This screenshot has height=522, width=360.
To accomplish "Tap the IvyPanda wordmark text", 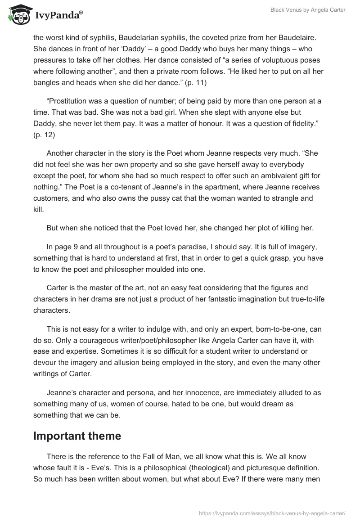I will tap(58, 16).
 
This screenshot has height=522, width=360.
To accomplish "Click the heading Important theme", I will tap(77, 436).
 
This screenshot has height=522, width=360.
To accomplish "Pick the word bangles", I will tap(47, 82).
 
